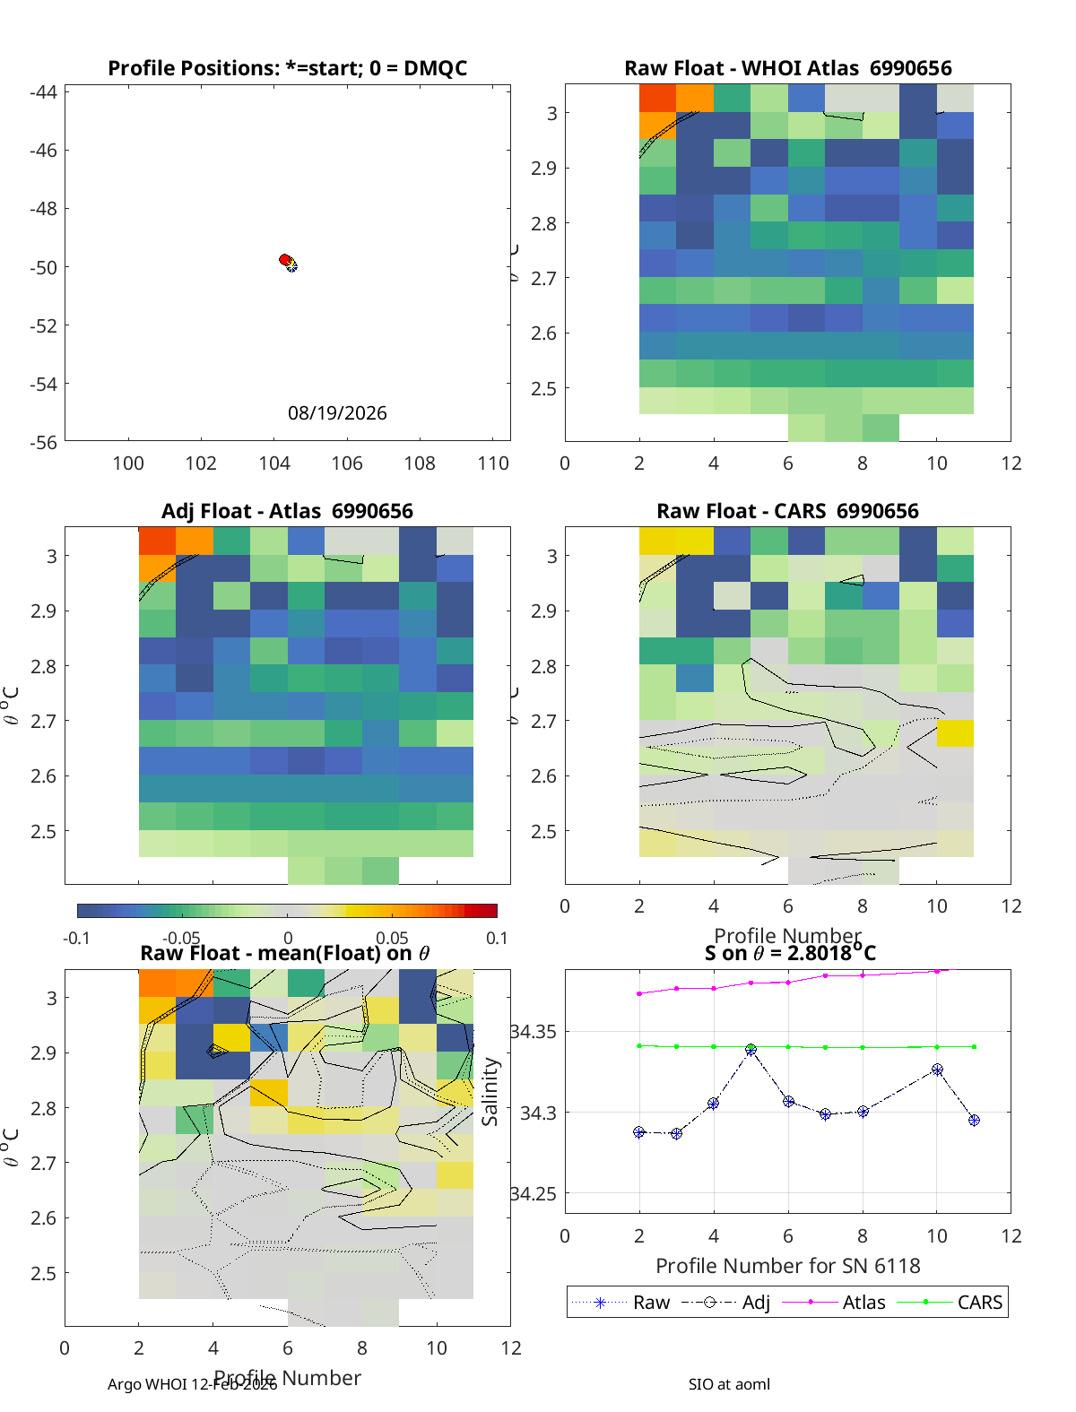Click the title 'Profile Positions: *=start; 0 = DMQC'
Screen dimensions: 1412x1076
(287, 68)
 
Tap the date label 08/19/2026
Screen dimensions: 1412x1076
(337, 413)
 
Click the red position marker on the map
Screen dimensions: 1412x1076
(285, 260)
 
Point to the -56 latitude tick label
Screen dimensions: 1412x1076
(43, 442)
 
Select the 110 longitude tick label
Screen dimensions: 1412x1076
(493, 463)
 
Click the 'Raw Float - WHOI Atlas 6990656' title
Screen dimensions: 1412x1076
(787, 68)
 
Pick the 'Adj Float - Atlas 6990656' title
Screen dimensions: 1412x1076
(287, 511)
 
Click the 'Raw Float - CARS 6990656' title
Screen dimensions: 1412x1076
(787, 511)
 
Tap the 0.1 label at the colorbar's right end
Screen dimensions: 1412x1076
(497, 938)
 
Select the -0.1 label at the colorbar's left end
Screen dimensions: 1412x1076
(77, 938)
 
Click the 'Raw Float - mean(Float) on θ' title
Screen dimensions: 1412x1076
(285, 953)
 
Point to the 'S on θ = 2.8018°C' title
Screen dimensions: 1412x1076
(789, 952)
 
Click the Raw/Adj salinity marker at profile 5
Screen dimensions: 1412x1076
(751, 1049)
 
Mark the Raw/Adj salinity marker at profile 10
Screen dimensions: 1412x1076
(937, 1070)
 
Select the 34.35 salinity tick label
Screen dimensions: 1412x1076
(533, 1032)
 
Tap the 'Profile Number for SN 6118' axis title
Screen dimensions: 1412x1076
(787, 1266)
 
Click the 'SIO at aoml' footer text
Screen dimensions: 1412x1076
(729, 1384)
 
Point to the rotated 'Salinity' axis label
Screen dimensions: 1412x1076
(490, 1091)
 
